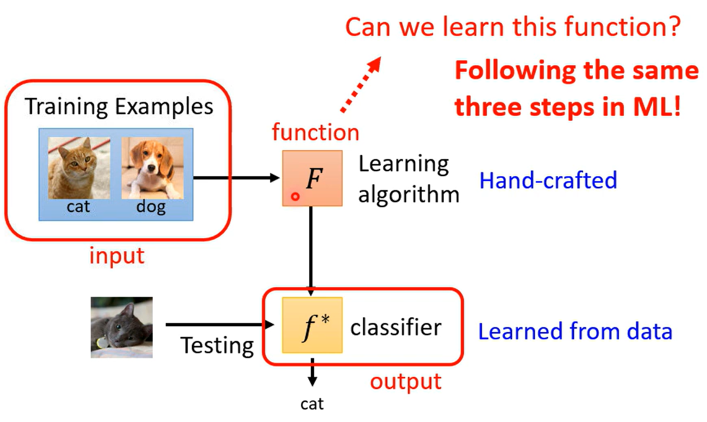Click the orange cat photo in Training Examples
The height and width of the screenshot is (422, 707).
click(79, 167)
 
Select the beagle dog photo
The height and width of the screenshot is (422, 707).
click(152, 167)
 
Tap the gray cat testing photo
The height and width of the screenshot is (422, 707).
click(122, 327)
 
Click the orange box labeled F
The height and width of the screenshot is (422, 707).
click(312, 178)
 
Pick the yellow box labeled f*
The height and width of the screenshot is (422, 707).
click(312, 325)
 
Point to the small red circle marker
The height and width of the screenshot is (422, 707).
click(295, 196)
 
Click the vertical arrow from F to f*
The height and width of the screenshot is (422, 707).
click(310, 250)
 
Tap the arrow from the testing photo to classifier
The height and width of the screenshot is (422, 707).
click(217, 325)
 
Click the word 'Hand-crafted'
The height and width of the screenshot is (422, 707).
click(548, 180)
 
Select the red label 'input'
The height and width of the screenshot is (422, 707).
click(117, 255)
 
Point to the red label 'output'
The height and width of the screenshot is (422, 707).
click(405, 381)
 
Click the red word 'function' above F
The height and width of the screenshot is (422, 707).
click(315, 132)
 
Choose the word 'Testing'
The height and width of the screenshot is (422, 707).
click(217, 345)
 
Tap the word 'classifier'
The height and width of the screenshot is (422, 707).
click(396, 327)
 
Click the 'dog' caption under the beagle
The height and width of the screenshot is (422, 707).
click(151, 207)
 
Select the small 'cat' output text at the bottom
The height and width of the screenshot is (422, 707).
click(312, 404)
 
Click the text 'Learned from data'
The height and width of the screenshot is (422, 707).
click(575, 331)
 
